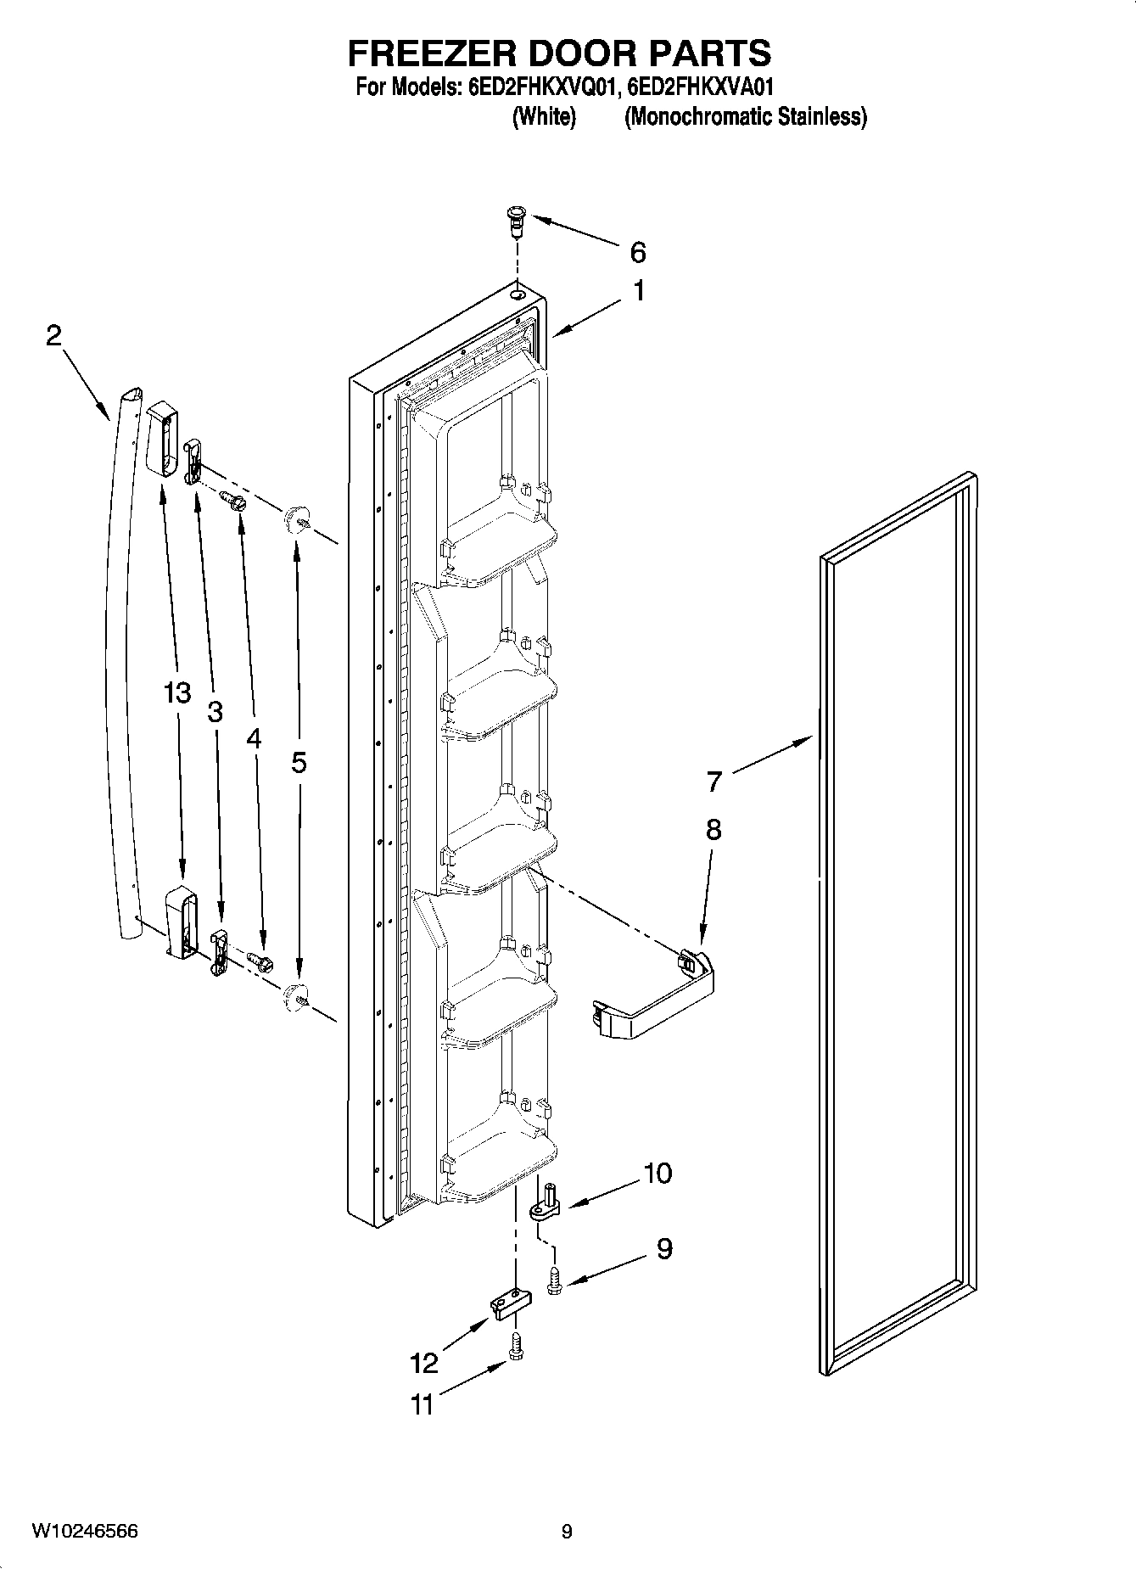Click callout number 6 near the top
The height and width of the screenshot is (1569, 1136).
(637, 252)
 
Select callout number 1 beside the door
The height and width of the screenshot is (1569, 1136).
(638, 291)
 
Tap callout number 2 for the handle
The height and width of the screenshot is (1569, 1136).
(53, 336)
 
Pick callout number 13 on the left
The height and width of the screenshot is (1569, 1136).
(177, 693)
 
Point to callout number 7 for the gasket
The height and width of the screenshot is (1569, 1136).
(713, 781)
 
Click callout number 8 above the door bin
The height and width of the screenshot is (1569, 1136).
(713, 829)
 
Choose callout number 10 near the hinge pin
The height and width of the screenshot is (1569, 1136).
(658, 1174)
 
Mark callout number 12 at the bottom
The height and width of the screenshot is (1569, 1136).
(424, 1363)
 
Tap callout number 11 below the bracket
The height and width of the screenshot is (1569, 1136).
(422, 1405)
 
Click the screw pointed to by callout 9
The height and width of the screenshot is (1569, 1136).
(554, 1280)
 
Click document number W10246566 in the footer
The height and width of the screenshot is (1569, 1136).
(85, 1532)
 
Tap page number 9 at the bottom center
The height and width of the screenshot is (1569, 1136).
(567, 1532)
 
